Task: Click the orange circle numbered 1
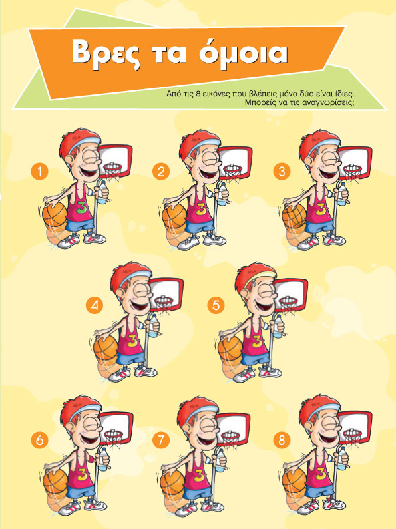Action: click(x=39, y=172)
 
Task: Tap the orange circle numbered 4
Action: click(x=95, y=305)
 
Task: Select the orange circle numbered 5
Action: click(x=216, y=305)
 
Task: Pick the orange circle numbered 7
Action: click(x=160, y=440)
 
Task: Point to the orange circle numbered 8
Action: click(x=282, y=440)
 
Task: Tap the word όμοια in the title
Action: click(x=242, y=53)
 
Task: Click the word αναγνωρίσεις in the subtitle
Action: click(x=328, y=102)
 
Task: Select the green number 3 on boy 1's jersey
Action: click(x=81, y=208)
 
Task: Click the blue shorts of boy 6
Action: click(x=80, y=492)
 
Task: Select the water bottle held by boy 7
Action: click(x=220, y=460)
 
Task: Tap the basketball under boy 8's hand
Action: click(x=294, y=480)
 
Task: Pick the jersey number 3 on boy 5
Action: click(x=256, y=341)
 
